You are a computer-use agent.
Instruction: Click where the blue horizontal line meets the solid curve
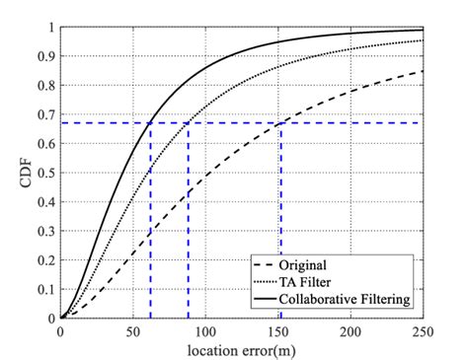click(150, 122)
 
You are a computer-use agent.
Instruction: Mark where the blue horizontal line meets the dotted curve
click(188, 122)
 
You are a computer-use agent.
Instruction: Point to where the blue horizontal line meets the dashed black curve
click(280, 122)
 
